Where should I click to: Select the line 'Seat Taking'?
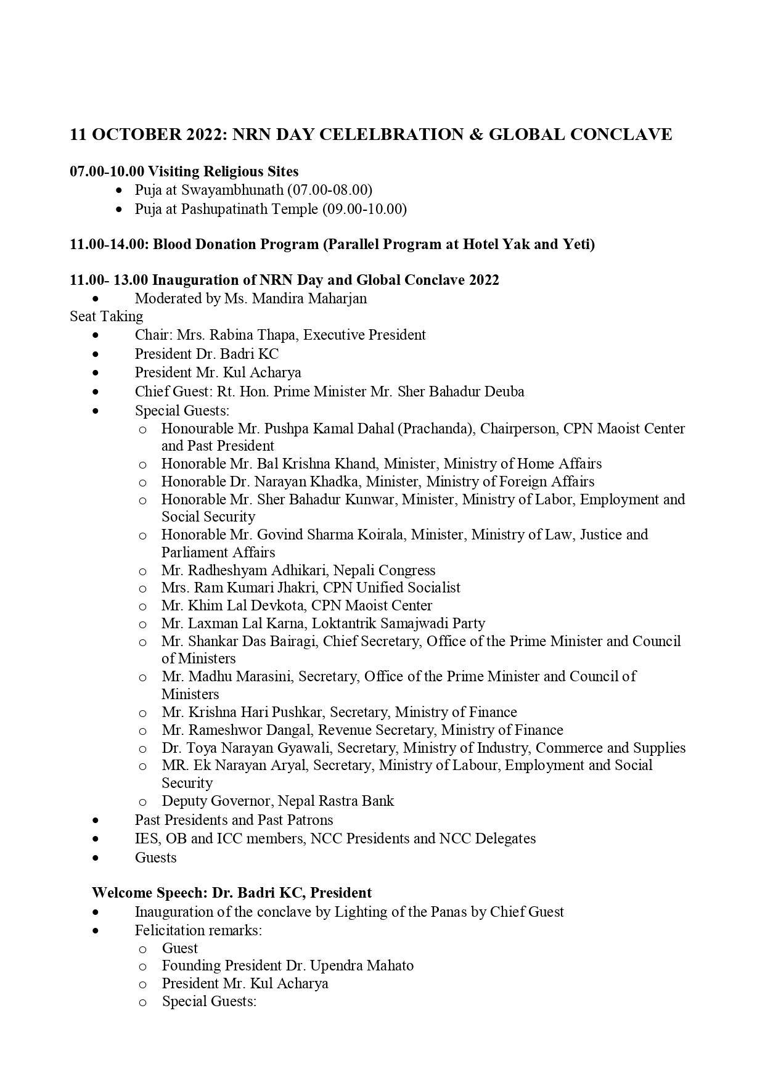click(x=106, y=316)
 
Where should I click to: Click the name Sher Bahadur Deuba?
click(x=469, y=391)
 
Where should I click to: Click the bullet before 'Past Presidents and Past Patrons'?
click(x=95, y=820)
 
